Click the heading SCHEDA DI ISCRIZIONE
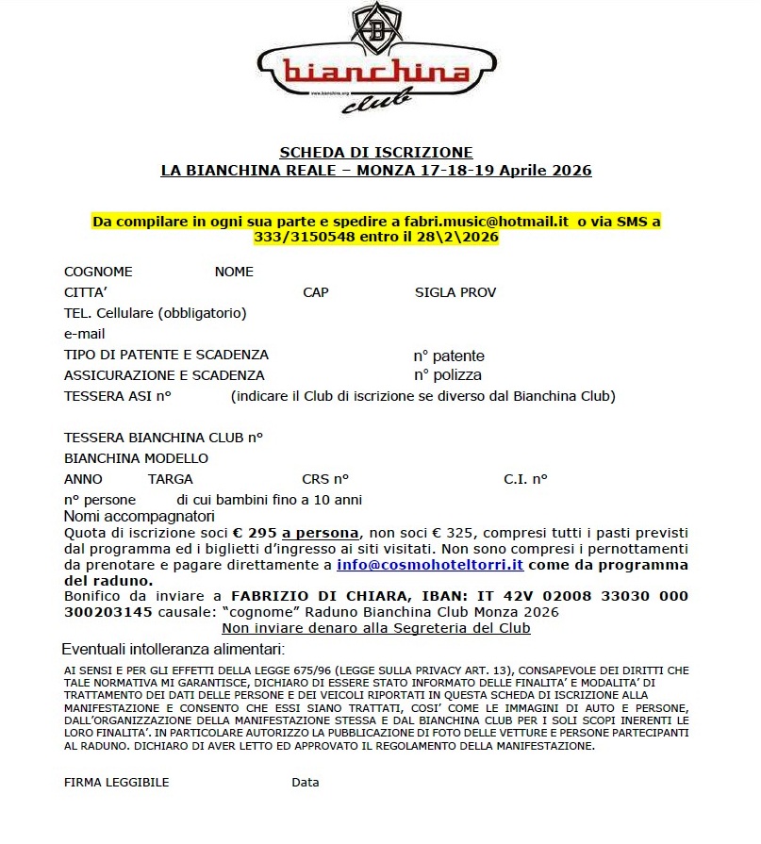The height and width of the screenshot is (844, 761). [376, 152]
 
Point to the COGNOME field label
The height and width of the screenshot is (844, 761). [98, 272]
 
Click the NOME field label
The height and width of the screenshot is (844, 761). [234, 272]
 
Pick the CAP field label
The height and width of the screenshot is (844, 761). [316, 292]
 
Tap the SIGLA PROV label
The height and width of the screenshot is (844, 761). [455, 292]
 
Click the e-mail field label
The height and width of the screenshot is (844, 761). [85, 334]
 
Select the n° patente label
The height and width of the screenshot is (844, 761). [449, 356]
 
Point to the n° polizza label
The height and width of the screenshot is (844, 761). [447, 375]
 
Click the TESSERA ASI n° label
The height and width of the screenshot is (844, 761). [117, 396]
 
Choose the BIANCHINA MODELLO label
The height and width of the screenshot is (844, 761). [136, 458]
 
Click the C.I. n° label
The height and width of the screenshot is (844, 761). [525, 479]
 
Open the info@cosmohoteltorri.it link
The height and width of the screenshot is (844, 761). [430, 565]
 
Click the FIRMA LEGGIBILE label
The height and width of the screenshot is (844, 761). [117, 782]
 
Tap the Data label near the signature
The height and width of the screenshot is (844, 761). [306, 782]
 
